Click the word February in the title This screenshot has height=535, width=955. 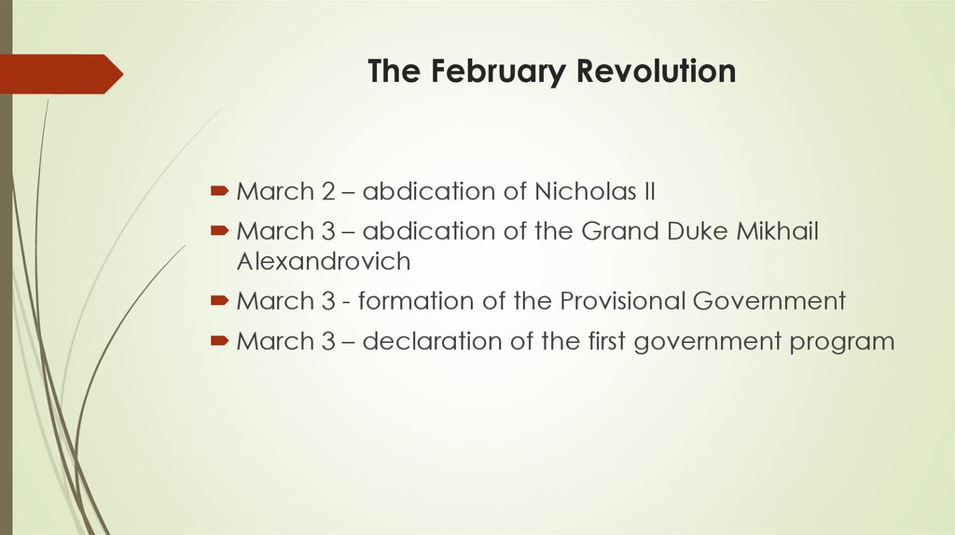point(500,72)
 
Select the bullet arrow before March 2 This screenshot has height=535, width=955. point(219,192)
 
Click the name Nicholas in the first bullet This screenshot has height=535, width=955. point(579,193)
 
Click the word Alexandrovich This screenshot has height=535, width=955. point(324,261)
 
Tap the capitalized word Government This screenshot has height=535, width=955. point(772,301)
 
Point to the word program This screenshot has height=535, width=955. point(842,342)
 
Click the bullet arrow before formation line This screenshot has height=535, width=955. point(219,300)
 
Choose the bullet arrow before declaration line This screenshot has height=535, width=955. point(219,340)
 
